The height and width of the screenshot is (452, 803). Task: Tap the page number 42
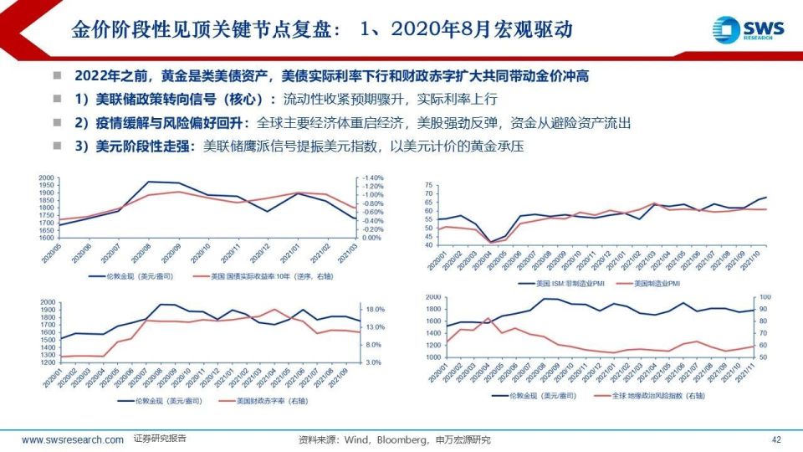pyautogui.click(x=775, y=439)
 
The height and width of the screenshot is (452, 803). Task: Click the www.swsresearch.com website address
pyautogui.click(x=73, y=439)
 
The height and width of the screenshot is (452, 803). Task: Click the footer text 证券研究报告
pyautogui.click(x=160, y=439)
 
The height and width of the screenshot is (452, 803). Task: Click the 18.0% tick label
pyautogui.click(x=372, y=309)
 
